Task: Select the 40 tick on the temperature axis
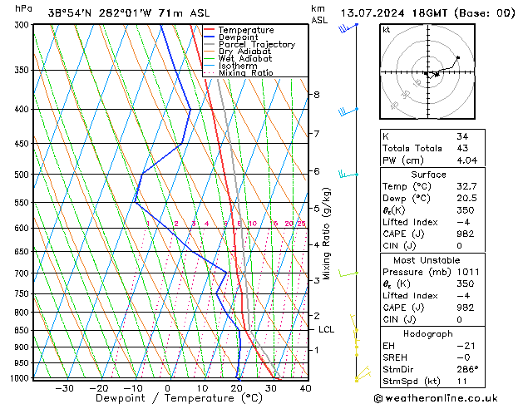pos(305,388)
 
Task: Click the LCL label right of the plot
pos(327,330)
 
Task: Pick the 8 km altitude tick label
pos(316,95)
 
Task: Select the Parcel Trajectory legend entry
pos(256,45)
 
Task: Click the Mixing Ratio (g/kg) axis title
pos(328,233)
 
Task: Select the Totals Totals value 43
pos(461,148)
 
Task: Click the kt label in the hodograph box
pos(387,29)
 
